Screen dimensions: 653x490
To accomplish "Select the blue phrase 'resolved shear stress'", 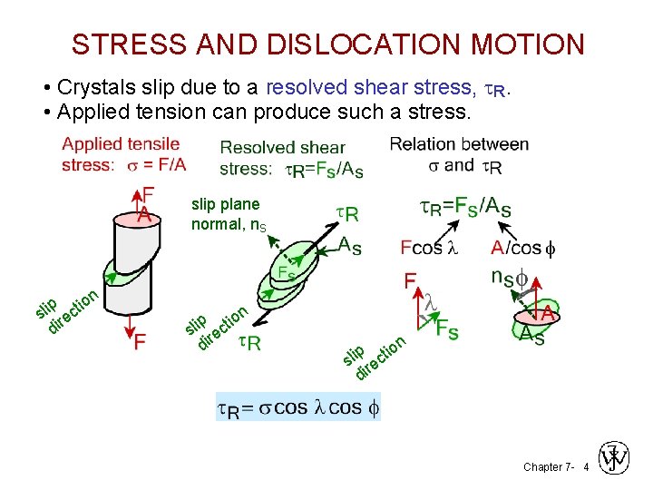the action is (367, 87).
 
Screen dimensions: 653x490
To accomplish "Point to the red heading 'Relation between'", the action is (459, 144).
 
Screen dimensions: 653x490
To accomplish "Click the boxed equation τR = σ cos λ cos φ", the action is (298, 407).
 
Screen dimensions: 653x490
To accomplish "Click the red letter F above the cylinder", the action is (148, 195).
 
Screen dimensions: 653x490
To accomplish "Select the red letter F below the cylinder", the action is (141, 342).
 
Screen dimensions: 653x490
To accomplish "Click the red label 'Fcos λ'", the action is (431, 247).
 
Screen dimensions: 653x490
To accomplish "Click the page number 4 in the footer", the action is (586, 467).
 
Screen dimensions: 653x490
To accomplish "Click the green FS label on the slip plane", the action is (285, 271).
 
